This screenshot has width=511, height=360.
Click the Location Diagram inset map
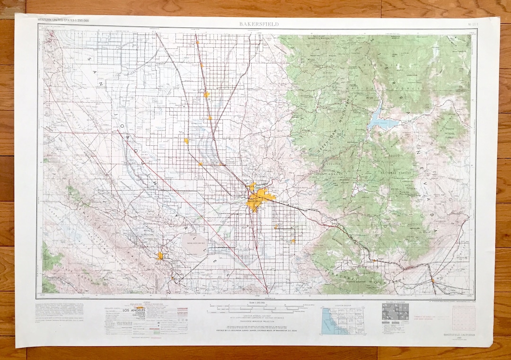pyautogui.click(x=343, y=320)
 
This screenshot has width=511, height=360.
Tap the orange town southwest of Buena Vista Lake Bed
pyautogui.click(x=160, y=256)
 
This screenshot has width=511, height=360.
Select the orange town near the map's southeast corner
pyautogui.click(x=432, y=281)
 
